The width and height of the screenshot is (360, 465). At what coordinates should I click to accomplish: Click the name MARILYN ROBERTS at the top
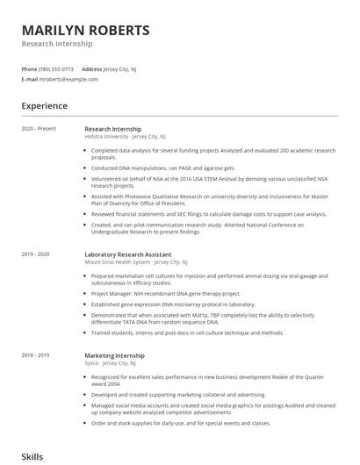click(85, 30)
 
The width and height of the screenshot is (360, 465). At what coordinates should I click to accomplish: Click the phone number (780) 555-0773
click(56, 68)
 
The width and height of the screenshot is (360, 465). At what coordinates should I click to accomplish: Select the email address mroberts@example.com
click(68, 79)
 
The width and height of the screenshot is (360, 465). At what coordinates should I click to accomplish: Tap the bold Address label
click(92, 68)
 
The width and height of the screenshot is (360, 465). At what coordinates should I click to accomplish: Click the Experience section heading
click(44, 106)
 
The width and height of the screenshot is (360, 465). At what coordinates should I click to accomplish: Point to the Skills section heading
click(32, 457)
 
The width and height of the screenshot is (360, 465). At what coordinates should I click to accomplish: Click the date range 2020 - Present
click(39, 129)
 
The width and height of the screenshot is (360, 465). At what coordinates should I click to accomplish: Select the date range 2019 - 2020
click(36, 254)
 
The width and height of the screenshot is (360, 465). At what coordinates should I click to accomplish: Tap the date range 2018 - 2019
click(36, 355)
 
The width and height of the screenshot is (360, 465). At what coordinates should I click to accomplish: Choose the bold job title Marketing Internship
click(114, 355)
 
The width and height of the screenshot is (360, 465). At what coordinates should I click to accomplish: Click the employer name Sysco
click(92, 363)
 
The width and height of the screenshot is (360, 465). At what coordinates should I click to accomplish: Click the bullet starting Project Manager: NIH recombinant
click(165, 293)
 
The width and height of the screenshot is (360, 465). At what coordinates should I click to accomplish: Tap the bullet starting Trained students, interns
click(187, 333)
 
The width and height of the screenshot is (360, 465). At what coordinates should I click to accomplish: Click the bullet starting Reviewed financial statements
click(208, 213)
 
